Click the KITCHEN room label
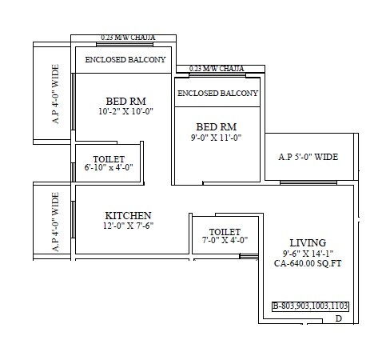(129, 215)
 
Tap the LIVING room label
(308, 242)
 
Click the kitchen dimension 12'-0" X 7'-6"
(129, 226)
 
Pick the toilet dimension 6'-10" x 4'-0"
(108, 167)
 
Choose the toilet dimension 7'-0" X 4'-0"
(224, 239)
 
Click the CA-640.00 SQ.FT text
(308, 262)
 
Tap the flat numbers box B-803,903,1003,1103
(310, 306)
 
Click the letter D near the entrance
(338, 319)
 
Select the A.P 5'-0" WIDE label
(309, 158)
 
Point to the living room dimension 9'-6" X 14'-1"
(308, 253)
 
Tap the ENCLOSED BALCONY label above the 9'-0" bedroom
(217, 94)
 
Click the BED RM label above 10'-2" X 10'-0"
(125, 101)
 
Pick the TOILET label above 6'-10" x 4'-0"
(108, 158)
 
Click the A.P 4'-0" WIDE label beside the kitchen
(55, 222)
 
